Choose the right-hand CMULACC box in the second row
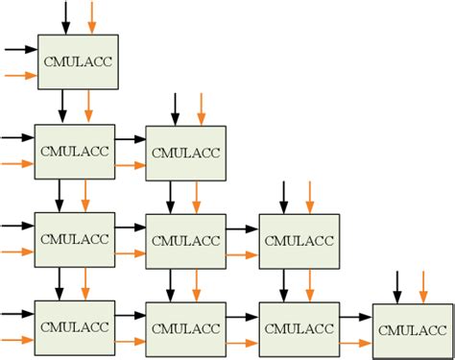[x=185, y=152]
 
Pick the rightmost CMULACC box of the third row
[x=298, y=240]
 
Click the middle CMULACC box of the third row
[x=185, y=240]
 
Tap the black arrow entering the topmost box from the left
[x=19, y=48]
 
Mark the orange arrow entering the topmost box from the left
[x=19, y=74]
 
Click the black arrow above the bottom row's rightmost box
[x=396, y=286]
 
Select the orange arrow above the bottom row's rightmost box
[x=423, y=286]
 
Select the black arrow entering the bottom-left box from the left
[x=17, y=314]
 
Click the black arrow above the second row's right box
[x=174, y=108]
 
